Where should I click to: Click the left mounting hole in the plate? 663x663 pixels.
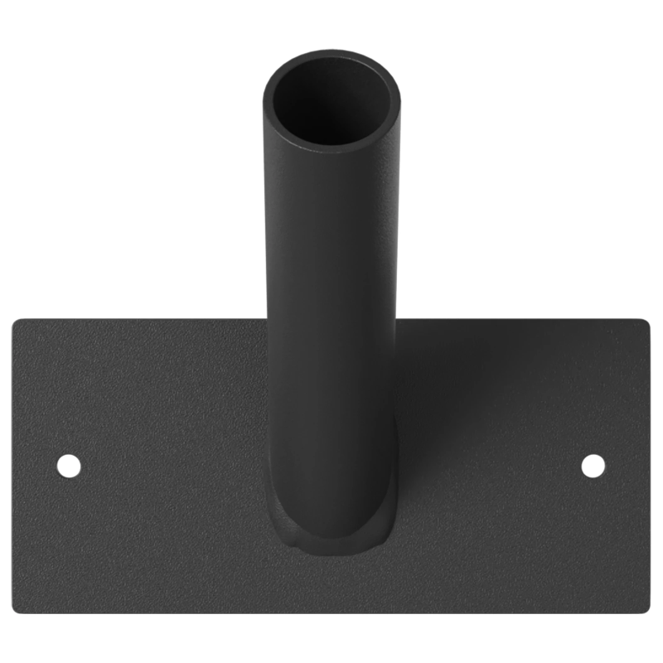[69, 466]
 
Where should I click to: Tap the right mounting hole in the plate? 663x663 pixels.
[593, 466]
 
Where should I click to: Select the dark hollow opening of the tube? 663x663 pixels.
[331, 104]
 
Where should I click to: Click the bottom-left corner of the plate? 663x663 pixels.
[17, 608]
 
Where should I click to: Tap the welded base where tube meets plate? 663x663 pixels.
[331, 539]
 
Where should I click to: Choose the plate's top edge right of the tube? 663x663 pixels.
[522, 319]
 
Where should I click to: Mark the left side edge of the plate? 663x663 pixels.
[12, 464]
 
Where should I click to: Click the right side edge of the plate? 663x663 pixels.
[650, 464]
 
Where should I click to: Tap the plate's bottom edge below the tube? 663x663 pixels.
[331, 612]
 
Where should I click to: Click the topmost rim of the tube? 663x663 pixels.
[331, 52]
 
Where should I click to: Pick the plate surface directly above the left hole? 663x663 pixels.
[69, 390]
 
